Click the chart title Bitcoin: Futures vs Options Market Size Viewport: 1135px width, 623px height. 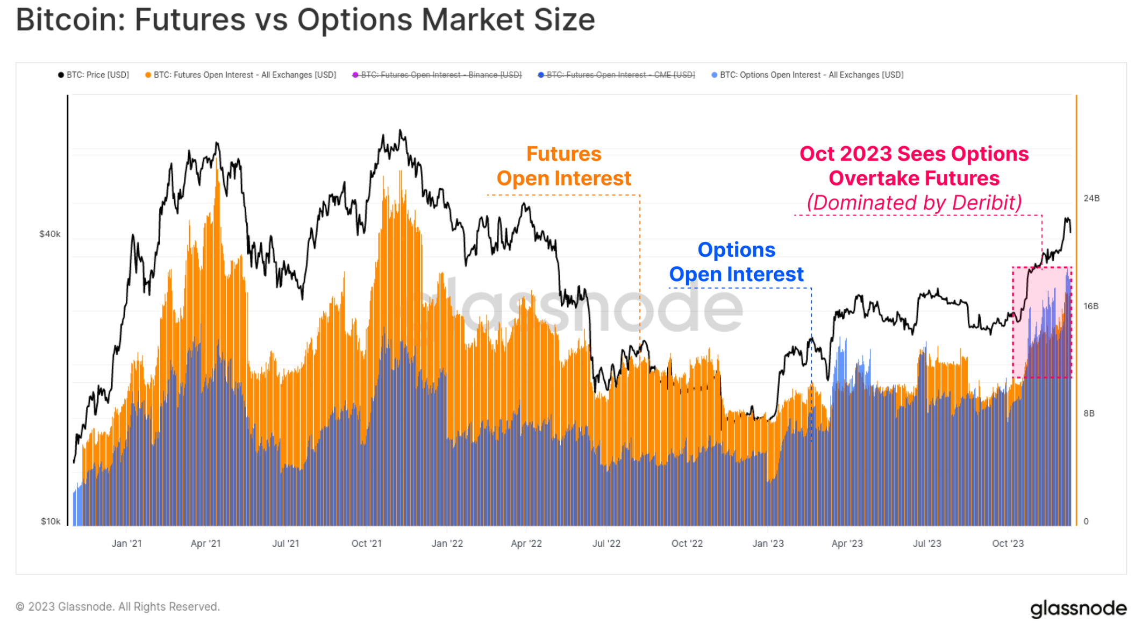tap(305, 20)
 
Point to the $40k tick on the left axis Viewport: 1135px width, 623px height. tap(50, 234)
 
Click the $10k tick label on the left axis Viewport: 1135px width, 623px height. tap(51, 521)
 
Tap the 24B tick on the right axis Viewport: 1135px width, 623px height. tap(1091, 198)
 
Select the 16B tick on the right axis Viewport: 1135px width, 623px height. tap(1091, 306)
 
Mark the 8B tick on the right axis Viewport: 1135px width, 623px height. tap(1089, 413)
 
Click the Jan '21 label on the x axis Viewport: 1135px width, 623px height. tap(126, 543)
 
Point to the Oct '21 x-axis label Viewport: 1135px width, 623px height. tap(366, 543)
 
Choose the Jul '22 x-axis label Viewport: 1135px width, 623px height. tap(606, 543)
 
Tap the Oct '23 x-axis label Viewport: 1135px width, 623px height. tap(1008, 543)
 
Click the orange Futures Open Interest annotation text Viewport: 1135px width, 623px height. tap(563, 166)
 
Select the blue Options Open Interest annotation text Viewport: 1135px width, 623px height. tap(736, 262)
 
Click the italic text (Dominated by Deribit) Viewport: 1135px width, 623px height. tap(914, 203)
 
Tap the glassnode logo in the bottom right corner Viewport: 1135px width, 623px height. tap(1078, 608)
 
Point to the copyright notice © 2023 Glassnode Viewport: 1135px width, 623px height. tap(118, 606)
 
